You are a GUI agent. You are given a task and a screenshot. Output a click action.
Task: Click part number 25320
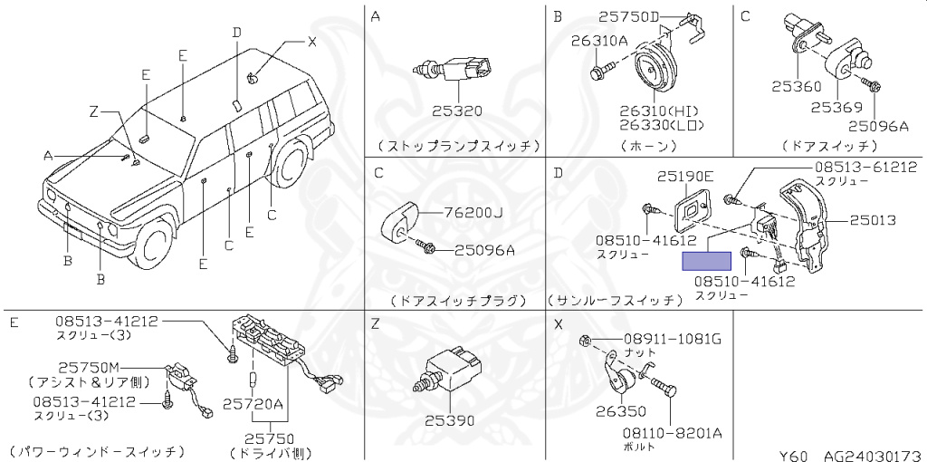(456, 111)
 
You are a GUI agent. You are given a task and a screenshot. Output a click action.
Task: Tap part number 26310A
(599, 40)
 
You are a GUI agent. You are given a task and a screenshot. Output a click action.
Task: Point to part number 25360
(796, 87)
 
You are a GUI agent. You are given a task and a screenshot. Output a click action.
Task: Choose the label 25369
(836, 106)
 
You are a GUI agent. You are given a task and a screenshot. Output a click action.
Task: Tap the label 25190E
(684, 176)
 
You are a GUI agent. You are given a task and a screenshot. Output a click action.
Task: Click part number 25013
(872, 220)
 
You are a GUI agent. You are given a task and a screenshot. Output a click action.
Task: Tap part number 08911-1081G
(672, 340)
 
